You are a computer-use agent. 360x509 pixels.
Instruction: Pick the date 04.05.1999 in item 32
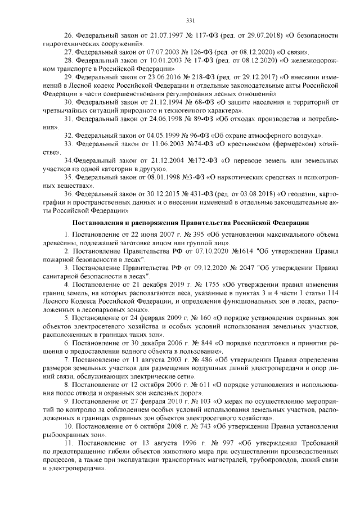pyautogui.click(x=161, y=136)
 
